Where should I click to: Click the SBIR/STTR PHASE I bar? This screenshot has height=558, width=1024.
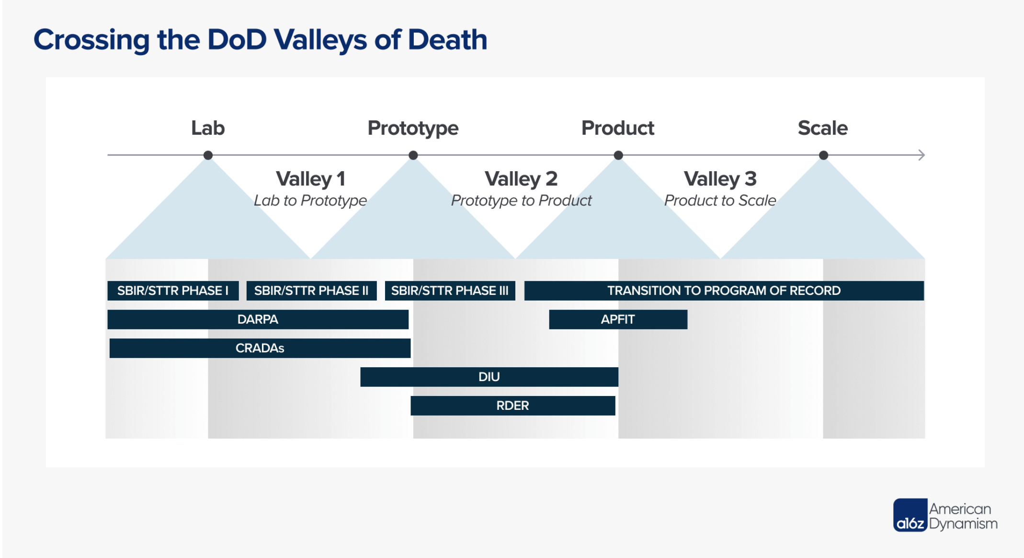click(x=173, y=291)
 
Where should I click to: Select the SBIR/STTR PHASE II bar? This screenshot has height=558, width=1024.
click(x=311, y=291)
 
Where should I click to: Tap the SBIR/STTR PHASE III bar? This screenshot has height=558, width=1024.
click(x=450, y=291)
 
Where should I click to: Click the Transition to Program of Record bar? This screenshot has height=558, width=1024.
click(x=724, y=291)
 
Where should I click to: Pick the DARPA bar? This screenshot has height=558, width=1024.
click(x=258, y=319)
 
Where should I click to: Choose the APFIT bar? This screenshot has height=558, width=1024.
click(x=618, y=319)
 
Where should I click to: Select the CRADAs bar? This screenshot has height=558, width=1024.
click(x=260, y=348)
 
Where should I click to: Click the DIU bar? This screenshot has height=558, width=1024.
click(x=489, y=377)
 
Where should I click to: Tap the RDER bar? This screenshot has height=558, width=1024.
click(x=512, y=406)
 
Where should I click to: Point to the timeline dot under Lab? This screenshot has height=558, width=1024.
click(x=208, y=155)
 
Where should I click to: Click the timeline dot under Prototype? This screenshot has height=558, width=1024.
click(x=413, y=155)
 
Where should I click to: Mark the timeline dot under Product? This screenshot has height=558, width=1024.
click(x=618, y=155)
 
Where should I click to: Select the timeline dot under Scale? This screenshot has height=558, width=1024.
click(x=823, y=155)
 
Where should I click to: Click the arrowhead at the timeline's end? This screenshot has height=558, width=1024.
click(x=922, y=155)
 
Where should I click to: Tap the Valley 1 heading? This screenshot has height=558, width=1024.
click(x=310, y=179)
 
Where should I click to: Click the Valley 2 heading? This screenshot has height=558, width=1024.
click(x=521, y=179)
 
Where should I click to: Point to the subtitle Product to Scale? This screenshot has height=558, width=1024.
click(x=720, y=200)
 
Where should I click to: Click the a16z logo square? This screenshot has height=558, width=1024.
click(x=910, y=515)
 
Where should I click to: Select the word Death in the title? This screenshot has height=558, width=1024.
click(x=447, y=40)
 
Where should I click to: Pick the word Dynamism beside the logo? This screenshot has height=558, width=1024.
click(x=963, y=523)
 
